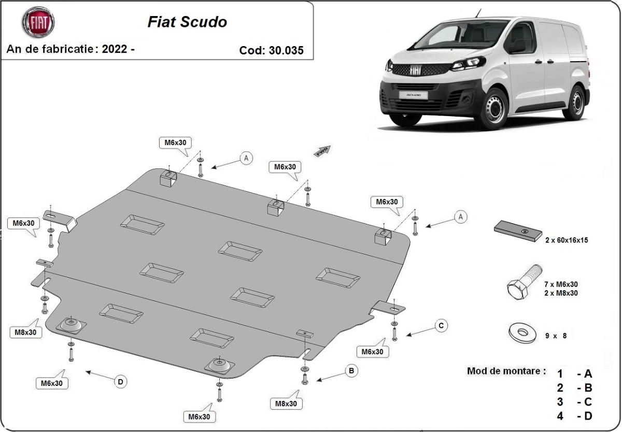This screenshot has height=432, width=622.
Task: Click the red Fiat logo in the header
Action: click(x=38, y=22)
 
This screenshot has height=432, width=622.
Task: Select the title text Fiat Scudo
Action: click(x=187, y=22)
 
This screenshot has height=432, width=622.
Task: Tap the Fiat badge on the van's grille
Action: click(x=415, y=71)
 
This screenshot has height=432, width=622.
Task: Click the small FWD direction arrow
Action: click(x=322, y=151)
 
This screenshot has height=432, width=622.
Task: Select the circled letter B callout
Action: click(x=351, y=370)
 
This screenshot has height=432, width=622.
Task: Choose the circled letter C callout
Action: click(x=441, y=325)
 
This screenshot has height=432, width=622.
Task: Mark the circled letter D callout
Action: click(x=120, y=382)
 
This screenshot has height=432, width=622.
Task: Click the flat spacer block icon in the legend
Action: click(x=518, y=231)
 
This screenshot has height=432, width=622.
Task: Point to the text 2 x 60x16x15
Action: click(x=566, y=240)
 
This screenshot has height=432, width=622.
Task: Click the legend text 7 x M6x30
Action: click(x=561, y=284)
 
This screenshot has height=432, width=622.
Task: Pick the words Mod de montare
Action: click(x=506, y=371)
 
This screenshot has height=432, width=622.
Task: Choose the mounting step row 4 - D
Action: click(x=574, y=416)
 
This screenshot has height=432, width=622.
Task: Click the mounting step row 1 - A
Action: click(x=574, y=374)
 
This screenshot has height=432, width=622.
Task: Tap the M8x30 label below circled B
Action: click(x=286, y=404)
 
